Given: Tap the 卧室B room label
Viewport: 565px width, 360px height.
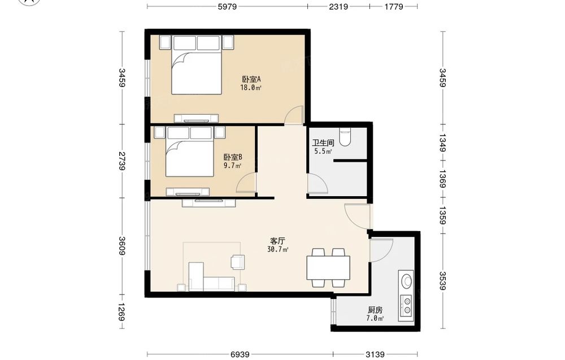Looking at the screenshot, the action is point(232,158).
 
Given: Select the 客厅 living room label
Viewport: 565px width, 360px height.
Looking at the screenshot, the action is point(277,241).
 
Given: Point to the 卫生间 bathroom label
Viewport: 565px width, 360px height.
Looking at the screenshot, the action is point(323,143).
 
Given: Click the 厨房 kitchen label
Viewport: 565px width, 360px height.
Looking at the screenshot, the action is point(375,310).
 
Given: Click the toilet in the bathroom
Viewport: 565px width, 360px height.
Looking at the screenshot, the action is point(345,137).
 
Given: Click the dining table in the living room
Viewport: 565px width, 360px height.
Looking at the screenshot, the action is point(328,268).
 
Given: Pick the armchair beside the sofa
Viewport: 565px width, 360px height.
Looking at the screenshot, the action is point(238,262).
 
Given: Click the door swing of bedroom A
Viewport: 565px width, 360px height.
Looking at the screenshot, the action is point(293,115).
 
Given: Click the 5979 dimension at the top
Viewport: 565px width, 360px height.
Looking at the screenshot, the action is point(227,6).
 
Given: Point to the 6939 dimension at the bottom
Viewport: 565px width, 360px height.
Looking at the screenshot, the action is point(240,354).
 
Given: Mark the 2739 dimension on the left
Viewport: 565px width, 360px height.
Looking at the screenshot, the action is point(122,161).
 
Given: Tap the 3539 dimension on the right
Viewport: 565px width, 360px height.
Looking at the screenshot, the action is point(443,280).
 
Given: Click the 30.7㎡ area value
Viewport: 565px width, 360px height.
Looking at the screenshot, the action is point(278,249).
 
